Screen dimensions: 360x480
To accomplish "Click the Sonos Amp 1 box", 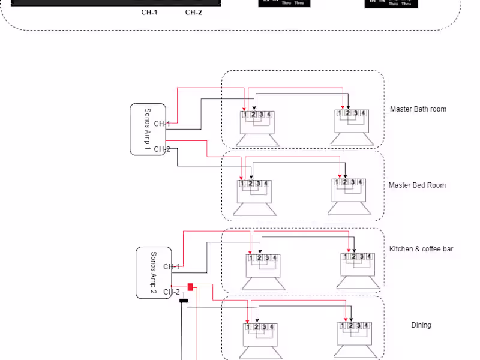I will pos(148,129).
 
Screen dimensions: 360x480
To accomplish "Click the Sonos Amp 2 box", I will pos(154,272).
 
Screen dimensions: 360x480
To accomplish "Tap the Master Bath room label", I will pos(418,109).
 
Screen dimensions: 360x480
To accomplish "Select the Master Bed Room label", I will pos(417,185).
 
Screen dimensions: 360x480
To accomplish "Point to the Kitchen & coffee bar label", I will pos(421,249).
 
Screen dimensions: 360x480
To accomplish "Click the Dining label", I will pos(421,325).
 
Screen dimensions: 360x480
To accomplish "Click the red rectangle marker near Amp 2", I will pos(190,287).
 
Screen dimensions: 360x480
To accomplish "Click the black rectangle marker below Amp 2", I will pos(184,300).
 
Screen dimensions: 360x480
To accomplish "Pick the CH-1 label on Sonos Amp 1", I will pos(162,124).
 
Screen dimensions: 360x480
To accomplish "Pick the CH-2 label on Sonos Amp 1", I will pos(162,149).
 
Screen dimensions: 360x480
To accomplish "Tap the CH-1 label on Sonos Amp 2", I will pos(172,266).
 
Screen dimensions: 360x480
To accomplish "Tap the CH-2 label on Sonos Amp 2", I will pos(172,292).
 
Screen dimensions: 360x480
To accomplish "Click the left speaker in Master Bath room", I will pos(257,128).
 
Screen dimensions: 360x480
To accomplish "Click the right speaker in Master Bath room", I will pos(352,128).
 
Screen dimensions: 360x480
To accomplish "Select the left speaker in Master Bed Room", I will pos(254,198).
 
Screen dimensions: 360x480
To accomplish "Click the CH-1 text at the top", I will pos(149,12).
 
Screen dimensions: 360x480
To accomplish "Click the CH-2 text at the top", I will pos(193,12).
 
